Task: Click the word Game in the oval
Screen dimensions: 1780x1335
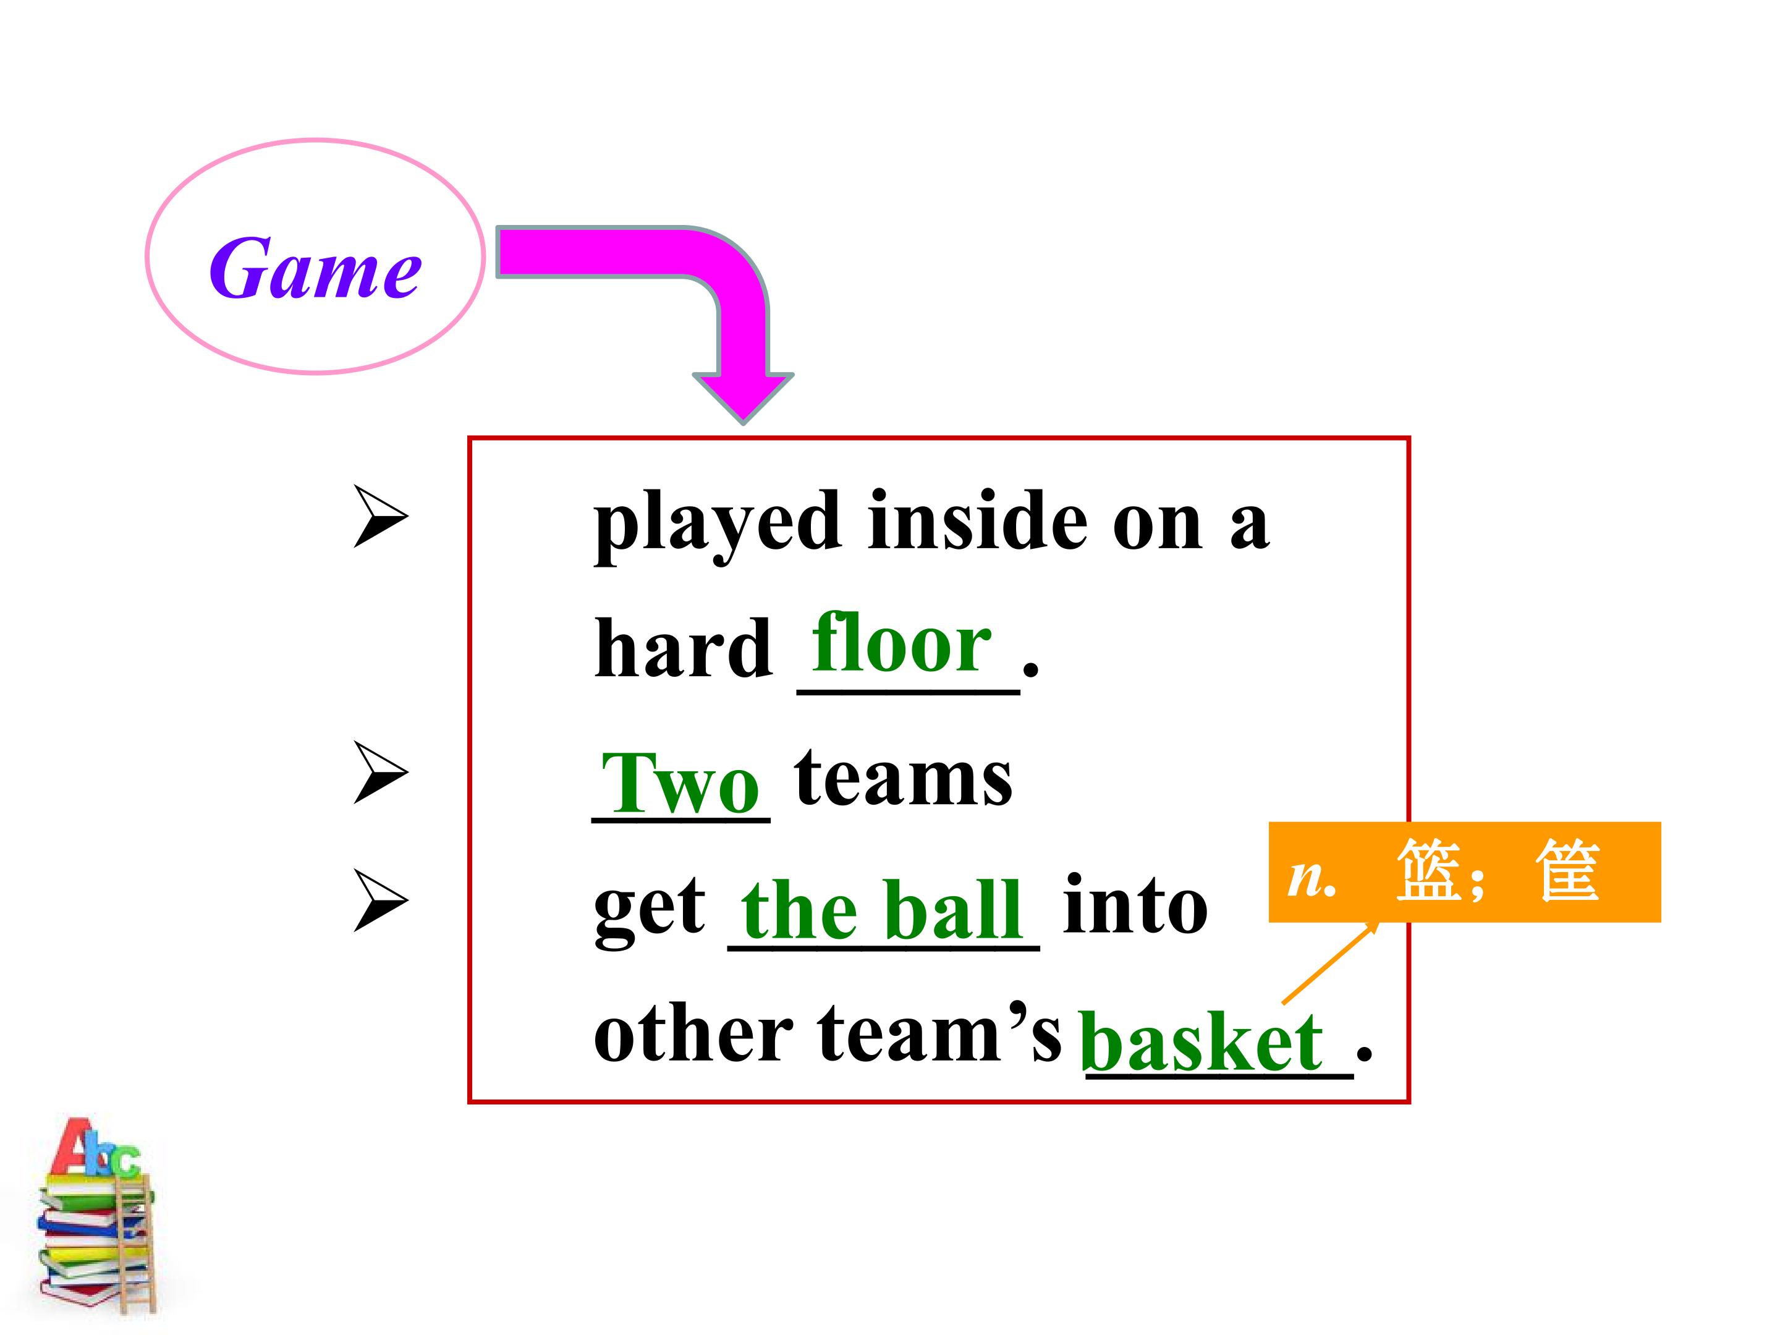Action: (x=315, y=268)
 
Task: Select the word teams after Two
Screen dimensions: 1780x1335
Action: (x=903, y=778)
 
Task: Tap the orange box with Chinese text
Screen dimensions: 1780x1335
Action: (x=1465, y=871)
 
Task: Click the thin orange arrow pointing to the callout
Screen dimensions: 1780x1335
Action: (x=1329, y=962)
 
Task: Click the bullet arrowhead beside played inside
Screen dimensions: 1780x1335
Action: (x=381, y=517)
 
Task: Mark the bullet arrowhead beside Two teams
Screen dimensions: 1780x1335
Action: (x=381, y=773)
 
